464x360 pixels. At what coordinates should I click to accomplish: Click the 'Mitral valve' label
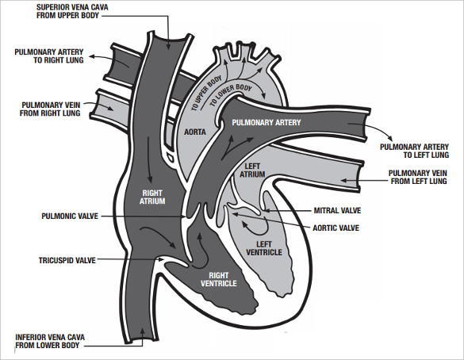pos(336,212)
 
